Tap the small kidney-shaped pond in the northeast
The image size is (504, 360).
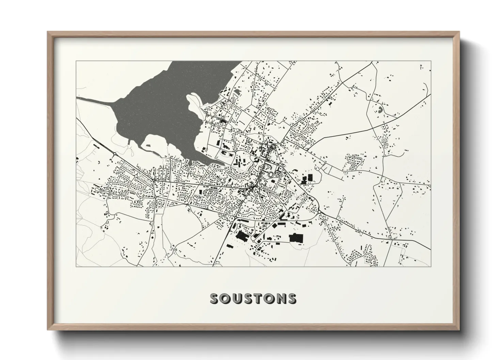379,110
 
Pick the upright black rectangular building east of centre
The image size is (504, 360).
310,178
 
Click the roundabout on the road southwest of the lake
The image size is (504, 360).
114,155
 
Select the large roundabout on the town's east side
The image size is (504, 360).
319,212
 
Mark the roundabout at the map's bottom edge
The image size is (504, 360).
350,263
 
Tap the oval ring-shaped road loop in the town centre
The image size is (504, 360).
271,175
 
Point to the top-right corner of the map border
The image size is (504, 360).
431,61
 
